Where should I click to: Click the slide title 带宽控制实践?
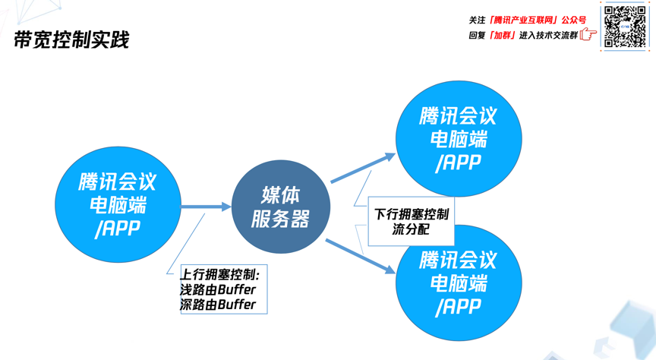72,39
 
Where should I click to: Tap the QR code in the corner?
625,27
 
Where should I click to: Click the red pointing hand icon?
588,34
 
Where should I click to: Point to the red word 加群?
503,35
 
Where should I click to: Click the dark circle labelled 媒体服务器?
281,207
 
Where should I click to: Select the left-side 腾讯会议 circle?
118,205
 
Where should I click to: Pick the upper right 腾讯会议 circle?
459,139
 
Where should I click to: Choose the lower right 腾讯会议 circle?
459,283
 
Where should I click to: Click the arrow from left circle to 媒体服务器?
206,207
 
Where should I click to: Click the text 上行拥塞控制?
220,274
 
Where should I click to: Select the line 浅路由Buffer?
218,289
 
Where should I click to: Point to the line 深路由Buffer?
218,305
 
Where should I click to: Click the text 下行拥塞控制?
412,214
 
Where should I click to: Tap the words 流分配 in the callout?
411,229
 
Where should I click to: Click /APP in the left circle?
118,229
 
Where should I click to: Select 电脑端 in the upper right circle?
459,139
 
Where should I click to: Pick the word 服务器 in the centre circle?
281,219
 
